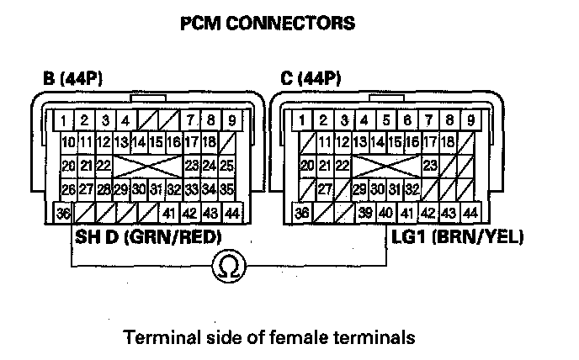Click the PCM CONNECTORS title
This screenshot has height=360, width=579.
(x=268, y=23)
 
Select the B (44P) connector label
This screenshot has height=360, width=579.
(x=76, y=80)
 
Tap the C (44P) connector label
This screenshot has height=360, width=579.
(x=312, y=80)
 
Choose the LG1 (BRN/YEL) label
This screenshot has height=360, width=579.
(x=457, y=237)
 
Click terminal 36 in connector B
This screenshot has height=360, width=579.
(x=64, y=213)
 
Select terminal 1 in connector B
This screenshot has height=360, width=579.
(x=64, y=119)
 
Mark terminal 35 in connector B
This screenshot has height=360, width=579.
(x=227, y=188)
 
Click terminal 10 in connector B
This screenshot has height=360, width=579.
(x=68, y=142)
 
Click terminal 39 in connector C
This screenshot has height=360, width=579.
(x=364, y=213)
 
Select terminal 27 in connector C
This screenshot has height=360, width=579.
(x=324, y=188)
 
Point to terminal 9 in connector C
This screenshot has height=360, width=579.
(x=470, y=119)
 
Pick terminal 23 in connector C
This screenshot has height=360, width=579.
(x=430, y=165)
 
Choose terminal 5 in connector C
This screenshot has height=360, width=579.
(x=385, y=119)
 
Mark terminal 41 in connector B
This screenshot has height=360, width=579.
(x=170, y=213)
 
